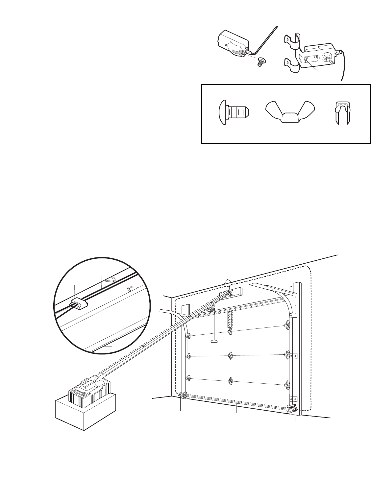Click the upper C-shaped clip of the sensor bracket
coord(295,39)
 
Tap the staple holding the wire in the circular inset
coord(79,303)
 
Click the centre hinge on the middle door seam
coord(230,355)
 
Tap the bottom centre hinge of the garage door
coord(230,381)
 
